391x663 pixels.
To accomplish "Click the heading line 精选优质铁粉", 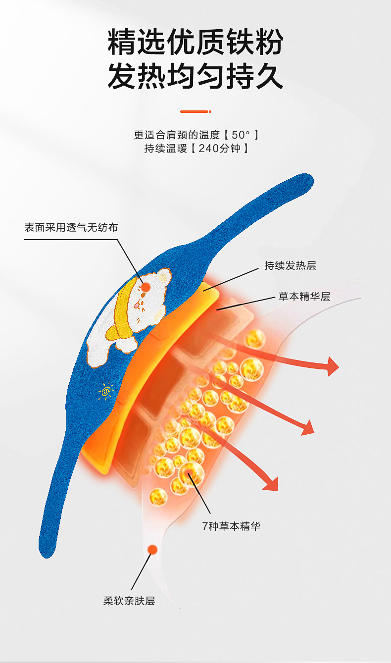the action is [195, 42].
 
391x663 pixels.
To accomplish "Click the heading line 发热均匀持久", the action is [195, 77].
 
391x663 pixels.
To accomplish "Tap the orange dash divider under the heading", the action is [195, 111].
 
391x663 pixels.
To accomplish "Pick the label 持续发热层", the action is [290, 265].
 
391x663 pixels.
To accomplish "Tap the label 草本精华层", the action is [304, 297].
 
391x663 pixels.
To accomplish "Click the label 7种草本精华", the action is [231, 526].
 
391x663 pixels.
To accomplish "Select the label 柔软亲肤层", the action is [129, 601].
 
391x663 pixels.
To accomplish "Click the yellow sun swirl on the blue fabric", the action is [106, 391].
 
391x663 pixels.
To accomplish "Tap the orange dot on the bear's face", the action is [147, 287].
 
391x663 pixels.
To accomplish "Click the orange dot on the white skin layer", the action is [152, 550].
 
